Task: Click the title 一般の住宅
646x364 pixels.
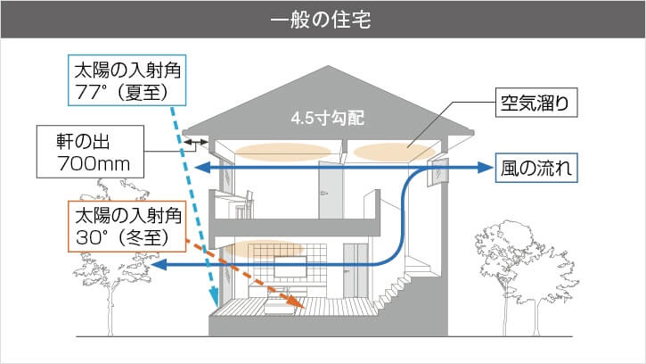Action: [323, 19]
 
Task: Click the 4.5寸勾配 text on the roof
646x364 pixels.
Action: [328, 117]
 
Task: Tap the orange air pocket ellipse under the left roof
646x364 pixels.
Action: [271, 150]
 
